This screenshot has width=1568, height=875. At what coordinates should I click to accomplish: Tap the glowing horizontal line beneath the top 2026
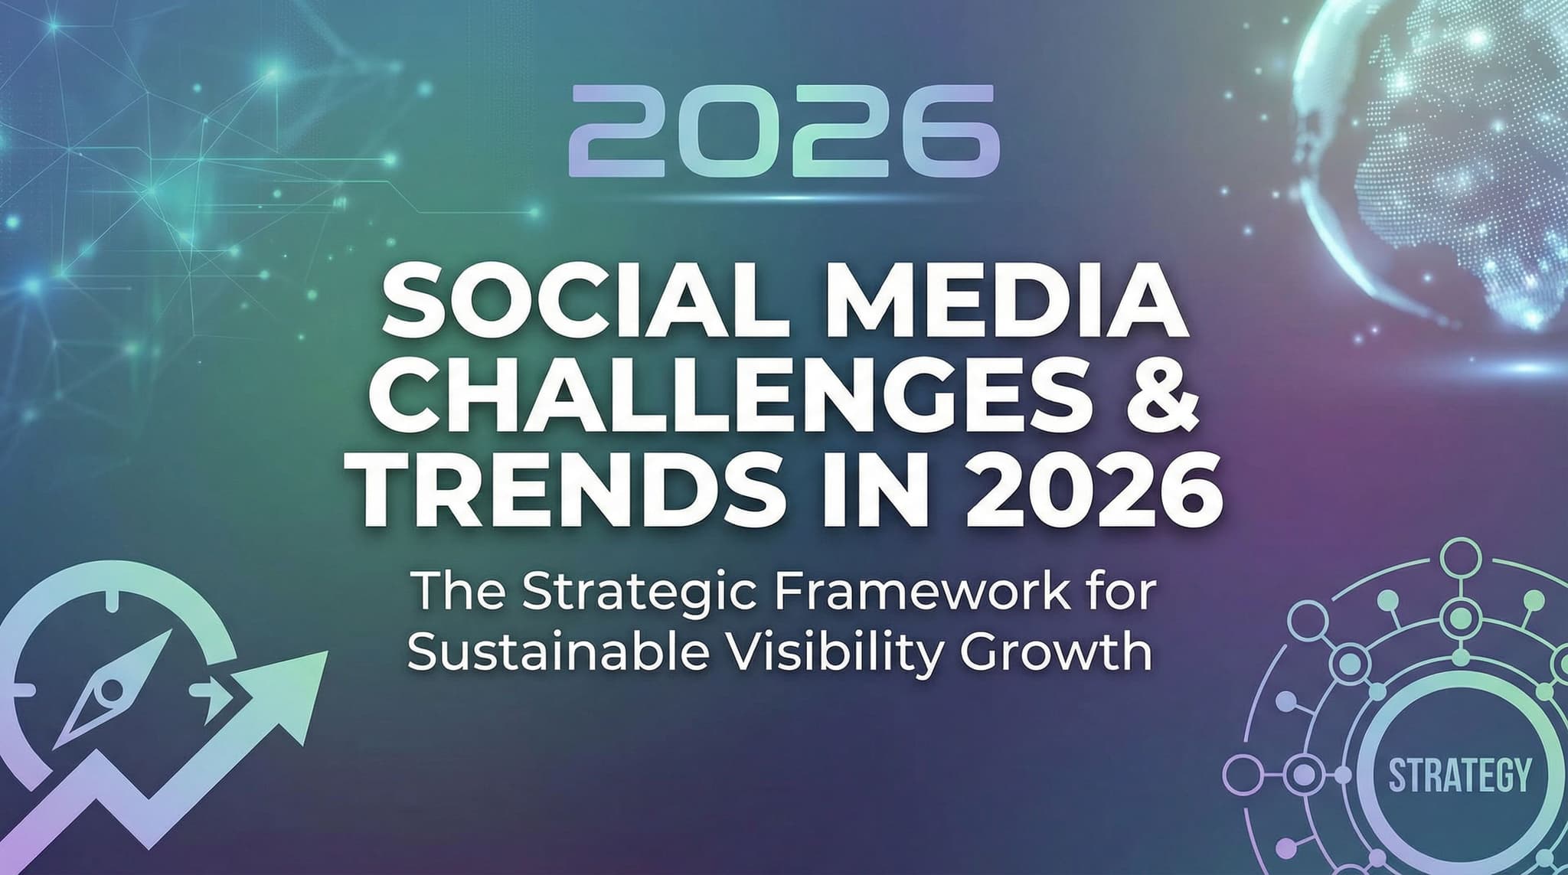coord(784,197)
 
